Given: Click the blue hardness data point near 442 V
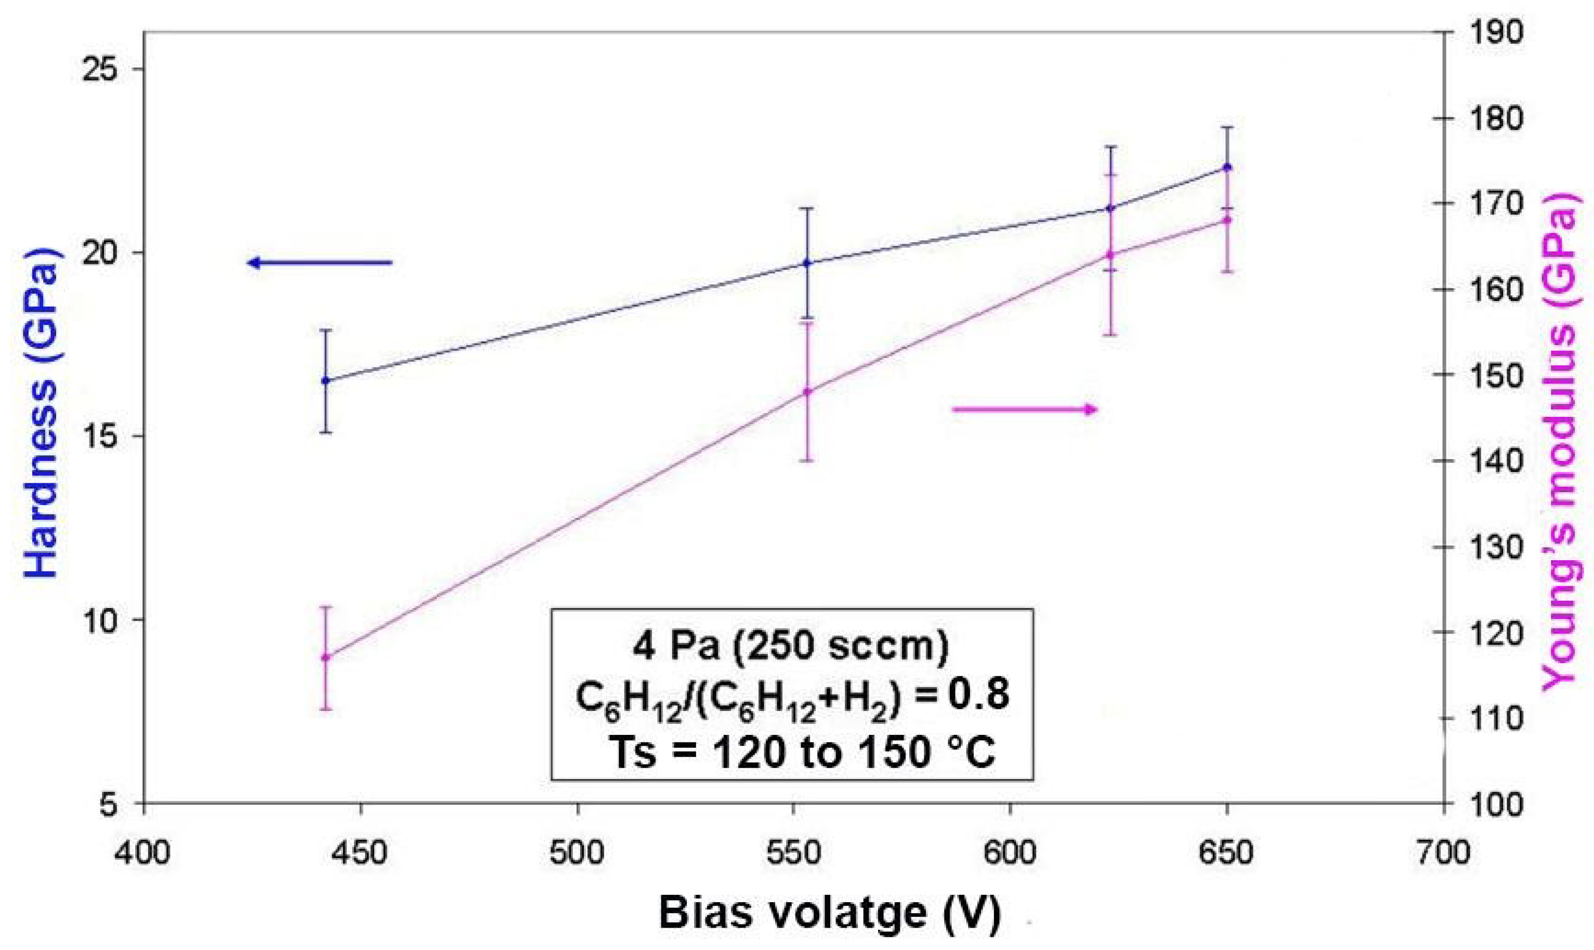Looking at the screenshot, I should tap(325, 380).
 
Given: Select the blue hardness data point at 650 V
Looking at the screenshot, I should tap(1227, 167).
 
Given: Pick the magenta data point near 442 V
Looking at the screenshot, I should tap(325, 657).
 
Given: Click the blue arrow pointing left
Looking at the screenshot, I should tap(320, 262).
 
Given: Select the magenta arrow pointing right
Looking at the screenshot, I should tap(1025, 410).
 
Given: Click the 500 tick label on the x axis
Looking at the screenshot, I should tap(578, 853).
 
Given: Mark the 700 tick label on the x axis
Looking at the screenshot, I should tap(1444, 853).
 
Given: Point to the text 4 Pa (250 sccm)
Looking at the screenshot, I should tap(791, 646).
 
